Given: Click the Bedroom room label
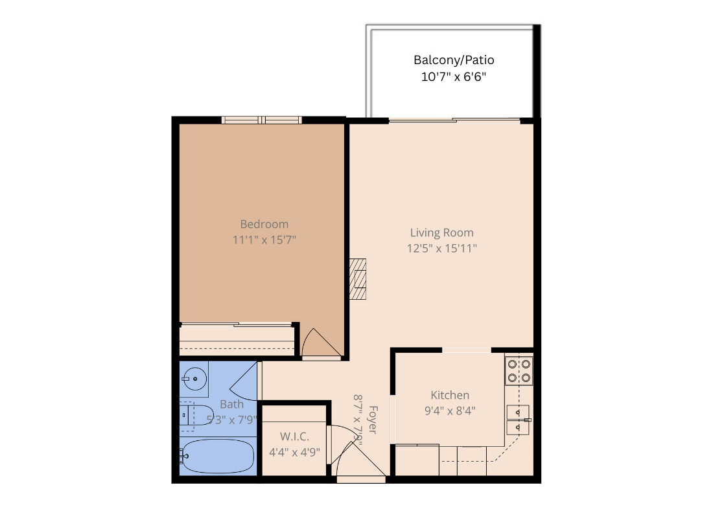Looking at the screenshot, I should click(x=264, y=225).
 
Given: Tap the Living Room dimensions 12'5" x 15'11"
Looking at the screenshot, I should click(x=442, y=248).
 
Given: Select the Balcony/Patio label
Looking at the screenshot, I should click(x=454, y=60).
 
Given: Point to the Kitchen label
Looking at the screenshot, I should click(x=450, y=395).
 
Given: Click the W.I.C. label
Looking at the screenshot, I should click(x=294, y=436).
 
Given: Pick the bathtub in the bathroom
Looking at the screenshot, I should click(x=218, y=456).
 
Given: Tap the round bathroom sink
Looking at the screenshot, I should click(x=194, y=377).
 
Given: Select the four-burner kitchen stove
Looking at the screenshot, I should click(x=519, y=370).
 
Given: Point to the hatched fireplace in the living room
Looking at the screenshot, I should click(x=358, y=278).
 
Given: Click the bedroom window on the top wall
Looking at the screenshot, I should click(x=261, y=119).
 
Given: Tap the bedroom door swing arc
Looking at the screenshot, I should click(x=320, y=343).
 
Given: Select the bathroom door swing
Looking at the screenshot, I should click(x=245, y=381).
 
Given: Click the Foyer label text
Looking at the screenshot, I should click(x=373, y=420).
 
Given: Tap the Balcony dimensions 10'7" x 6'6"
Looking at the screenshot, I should click(x=454, y=77).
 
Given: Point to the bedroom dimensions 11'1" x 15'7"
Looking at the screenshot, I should click(x=264, y=240).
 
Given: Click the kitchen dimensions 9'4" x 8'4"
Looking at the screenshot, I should click(x=450, y=410).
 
